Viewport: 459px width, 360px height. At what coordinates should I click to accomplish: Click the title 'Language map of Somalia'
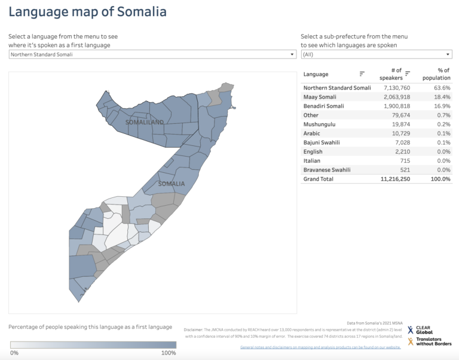(x=87, y=12)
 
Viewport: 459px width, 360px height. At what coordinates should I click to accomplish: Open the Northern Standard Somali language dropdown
(x=152, y=54)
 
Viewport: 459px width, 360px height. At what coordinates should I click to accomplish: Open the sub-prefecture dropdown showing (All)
(x=376, y=54)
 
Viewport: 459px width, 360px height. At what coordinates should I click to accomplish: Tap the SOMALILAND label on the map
(x=145, y=122)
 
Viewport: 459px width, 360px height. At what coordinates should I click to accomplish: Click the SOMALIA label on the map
(x=172, y=184)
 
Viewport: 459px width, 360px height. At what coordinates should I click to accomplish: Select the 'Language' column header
(x=316, y=74)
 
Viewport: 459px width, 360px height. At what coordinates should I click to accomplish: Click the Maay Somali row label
(x=320, y=97)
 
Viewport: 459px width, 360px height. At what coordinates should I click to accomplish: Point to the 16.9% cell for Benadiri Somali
(x=442, y=106)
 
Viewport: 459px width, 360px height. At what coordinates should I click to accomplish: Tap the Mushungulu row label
(x=319, y=124)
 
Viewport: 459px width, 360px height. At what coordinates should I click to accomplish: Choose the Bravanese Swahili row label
(x=328, y=170)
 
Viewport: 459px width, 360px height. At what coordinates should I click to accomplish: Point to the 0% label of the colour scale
(x=14, y=353)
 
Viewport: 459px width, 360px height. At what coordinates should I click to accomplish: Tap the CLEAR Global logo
(x=421, y=330)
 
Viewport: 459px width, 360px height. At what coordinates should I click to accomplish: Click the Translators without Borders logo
(x=430, y=341)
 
